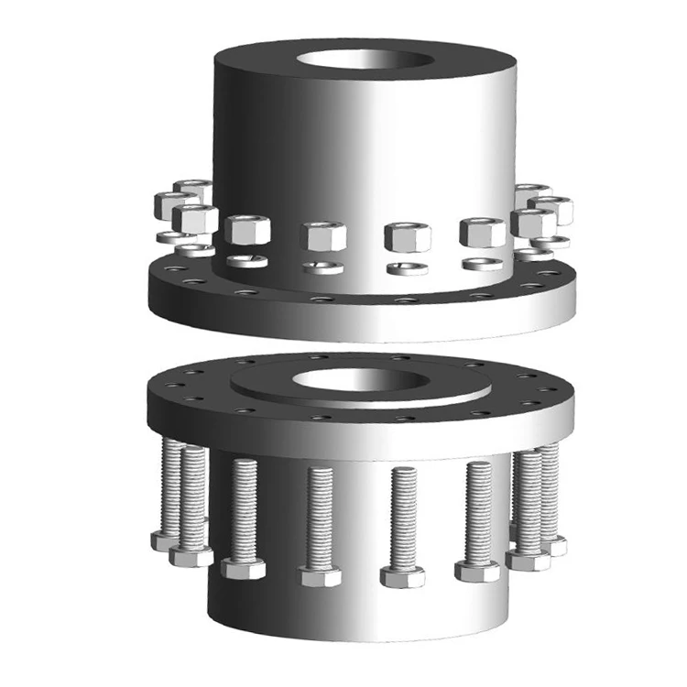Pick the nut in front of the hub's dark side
[x=246, y=230]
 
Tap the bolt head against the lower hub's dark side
[x=244, y=569]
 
